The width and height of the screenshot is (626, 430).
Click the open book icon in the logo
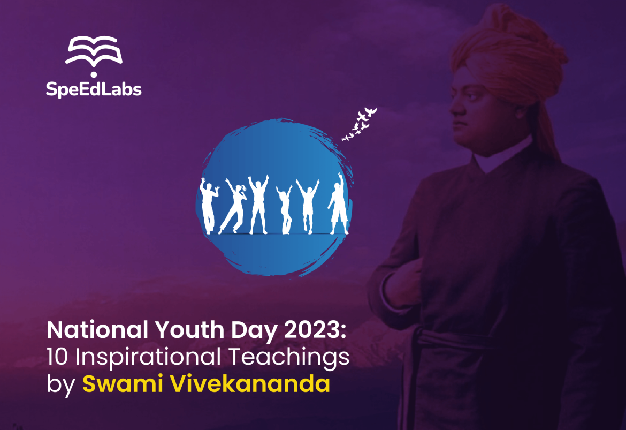94,51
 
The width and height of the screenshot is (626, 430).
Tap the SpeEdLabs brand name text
94,89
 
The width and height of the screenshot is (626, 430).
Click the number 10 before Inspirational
57,357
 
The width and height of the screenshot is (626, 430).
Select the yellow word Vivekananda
250,383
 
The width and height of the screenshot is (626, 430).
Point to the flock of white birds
359,124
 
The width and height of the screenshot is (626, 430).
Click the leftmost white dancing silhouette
209,206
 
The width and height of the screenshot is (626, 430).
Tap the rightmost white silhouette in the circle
339,204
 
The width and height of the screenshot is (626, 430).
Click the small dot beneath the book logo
94,75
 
